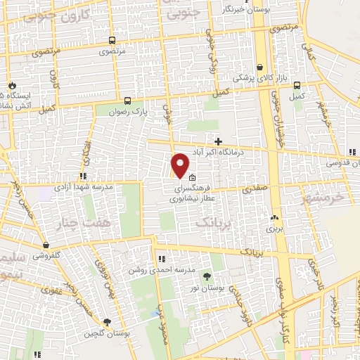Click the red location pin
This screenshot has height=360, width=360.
pyautogui.click(x=180, y=165)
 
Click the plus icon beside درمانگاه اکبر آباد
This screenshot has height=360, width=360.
pyautogui.click(x=218, y=141)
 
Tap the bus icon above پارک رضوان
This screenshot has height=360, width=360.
pyautogui.click(x=127, y=100)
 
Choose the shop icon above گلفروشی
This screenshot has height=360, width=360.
pyautogui.click(x=46, y=245)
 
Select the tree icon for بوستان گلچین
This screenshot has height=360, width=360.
pyautogui.click(x=107, y=322)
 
